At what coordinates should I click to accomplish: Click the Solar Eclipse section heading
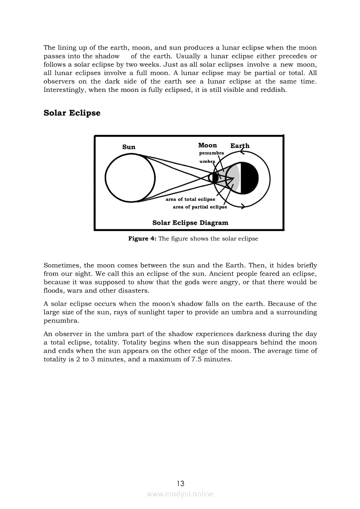click(x=72, y=113)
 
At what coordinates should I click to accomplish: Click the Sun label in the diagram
click(x=129, y=147)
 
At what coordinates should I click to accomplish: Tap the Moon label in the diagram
click(x=207, y=145)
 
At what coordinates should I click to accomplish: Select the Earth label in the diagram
click(x=240, y=146)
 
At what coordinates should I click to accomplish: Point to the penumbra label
click(x=211, y=153)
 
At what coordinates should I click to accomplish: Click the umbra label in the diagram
click(x=207, y=162)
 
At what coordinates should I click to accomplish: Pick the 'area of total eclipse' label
click(x=190, y=199)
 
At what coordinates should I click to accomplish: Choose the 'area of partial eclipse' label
click(x=200, y=207)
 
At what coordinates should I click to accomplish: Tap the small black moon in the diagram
click(x=215, y=178)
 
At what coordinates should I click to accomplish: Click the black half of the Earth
click(x=250, y=178)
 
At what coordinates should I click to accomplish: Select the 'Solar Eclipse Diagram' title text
click(x=190, y=223)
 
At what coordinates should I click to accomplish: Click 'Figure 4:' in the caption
click(x=142, y=239)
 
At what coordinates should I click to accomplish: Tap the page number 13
click(x=180, y=483)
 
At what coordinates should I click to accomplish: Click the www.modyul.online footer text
click(x=180, y=494)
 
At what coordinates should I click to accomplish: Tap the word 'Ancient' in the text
click(x=231, y=274)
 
